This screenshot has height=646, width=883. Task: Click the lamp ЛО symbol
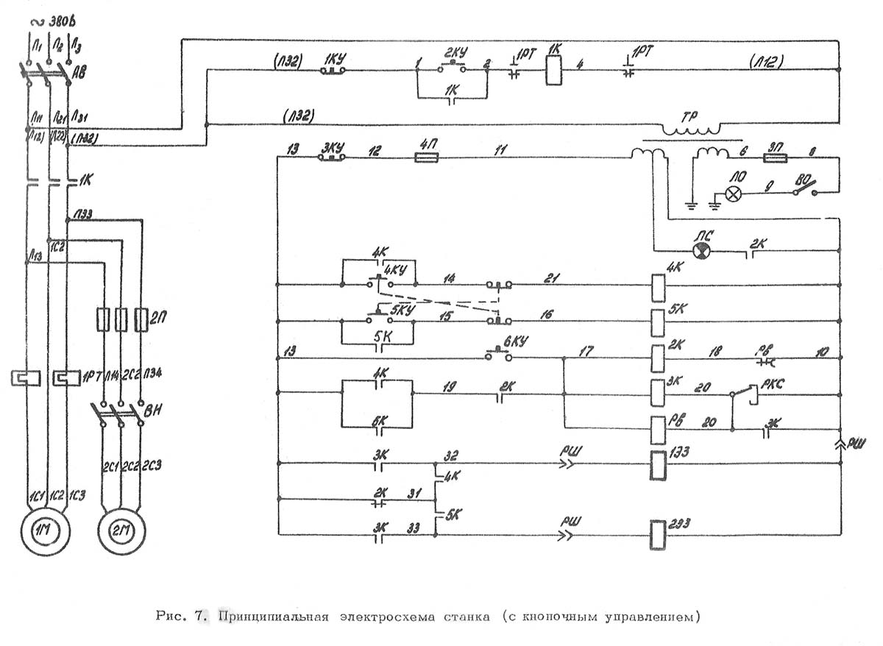(733, 194)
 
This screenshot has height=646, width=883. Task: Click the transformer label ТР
(689, 116)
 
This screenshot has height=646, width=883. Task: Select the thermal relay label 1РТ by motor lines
(91, 377)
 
